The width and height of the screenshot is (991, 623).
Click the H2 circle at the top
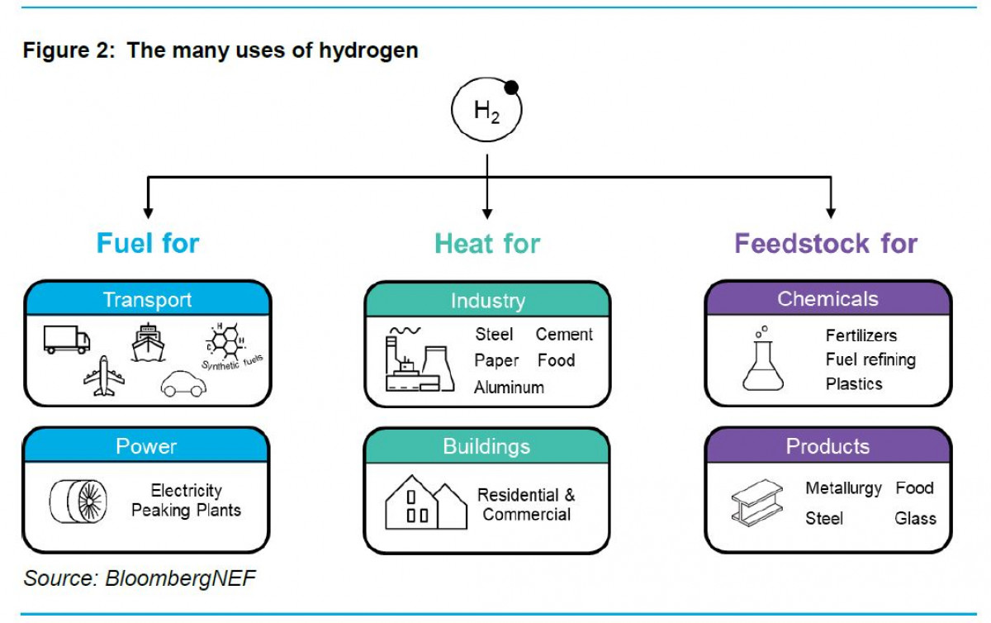coord(486,110)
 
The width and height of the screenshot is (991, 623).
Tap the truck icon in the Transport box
coord(67,338)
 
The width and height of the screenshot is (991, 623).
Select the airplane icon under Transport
coord(104,376)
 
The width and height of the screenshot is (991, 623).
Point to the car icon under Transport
coord(183,383)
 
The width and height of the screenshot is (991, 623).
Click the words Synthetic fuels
coord(232,361)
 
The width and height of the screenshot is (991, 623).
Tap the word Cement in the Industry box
coord(564,335)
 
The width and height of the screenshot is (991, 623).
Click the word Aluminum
coord(509,387)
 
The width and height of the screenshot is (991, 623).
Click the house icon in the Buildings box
coord(425,502)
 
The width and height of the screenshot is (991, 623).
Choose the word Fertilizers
coord(861,335)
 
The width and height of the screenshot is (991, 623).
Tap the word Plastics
coord(854,384)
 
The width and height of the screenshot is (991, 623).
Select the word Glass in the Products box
coord(915,519)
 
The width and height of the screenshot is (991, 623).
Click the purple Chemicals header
coord(827,299)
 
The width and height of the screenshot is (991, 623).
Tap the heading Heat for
coord(487,244)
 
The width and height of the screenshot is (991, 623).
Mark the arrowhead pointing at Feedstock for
coord(830,212)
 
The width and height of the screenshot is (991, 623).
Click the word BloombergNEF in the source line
coord(180,578)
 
